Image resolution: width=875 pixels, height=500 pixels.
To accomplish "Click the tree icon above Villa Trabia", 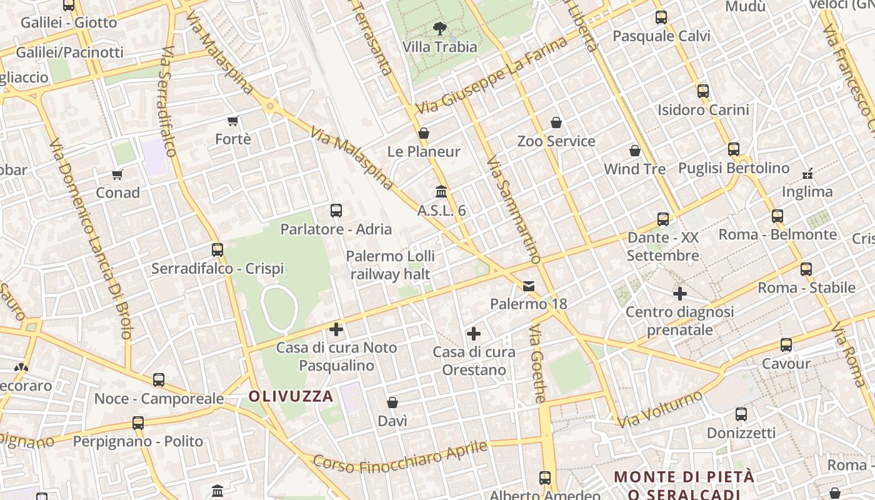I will tap(439, 28).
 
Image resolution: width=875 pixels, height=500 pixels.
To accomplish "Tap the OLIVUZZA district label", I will tap(291, 396).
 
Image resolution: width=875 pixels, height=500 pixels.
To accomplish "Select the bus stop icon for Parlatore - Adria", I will tap(336, 211).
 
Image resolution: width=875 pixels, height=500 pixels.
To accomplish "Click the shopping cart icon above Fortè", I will tap(233, 121).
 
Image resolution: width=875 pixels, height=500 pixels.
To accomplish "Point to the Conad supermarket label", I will tap(117, 192).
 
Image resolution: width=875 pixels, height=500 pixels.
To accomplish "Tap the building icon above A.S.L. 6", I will tap(441, 191).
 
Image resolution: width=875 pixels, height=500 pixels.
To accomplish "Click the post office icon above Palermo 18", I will tap(529, 286).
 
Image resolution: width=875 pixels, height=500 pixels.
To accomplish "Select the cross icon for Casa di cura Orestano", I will tap(474, 334).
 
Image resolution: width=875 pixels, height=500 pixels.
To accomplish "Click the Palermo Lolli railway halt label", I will tap(390, 265).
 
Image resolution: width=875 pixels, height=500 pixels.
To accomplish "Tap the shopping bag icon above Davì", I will tap(392, 402).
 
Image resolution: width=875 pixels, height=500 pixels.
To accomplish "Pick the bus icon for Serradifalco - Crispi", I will tap(217, 250).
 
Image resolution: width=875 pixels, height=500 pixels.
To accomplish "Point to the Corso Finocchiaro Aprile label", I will tap(400, 457).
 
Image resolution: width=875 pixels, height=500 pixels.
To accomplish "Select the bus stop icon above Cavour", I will tap(786, 344).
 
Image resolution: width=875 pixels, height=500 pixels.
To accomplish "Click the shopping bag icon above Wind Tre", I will tap(635, 151).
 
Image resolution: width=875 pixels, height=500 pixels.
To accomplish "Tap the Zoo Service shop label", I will tap(556, 141).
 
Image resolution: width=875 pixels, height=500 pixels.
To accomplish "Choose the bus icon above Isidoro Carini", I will tap(703, 91).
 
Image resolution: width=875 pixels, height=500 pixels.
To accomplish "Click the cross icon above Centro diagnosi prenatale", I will tap(680, 293).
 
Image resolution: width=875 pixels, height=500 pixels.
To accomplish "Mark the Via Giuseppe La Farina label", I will tap(491, 74).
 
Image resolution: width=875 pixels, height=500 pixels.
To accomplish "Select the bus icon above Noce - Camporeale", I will tap(159, 379).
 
